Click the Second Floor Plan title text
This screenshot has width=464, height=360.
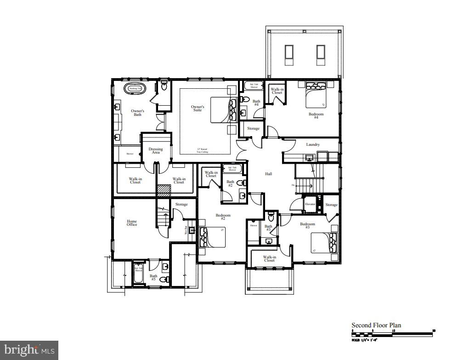click(376, 325)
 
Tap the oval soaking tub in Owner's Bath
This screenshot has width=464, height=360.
click(135, 88)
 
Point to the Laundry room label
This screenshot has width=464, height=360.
click(313, 145)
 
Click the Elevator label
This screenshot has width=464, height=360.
click(310, 204)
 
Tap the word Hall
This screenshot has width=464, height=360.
click(269, 174)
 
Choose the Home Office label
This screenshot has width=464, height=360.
click(132, 223)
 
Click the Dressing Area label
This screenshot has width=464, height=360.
click(156, 150)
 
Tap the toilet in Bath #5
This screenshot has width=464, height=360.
click(167, 279)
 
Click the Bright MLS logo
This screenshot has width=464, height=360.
click(29, 350)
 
